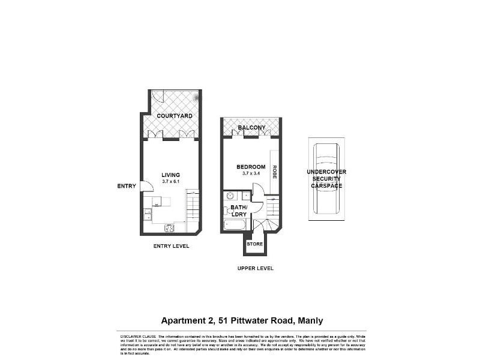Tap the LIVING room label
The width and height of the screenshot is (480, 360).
[170, 175]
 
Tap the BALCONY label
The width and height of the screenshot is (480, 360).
[251, 128]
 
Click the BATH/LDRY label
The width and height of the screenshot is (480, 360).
[238, 211]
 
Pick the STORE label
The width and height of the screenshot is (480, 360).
[254, 244]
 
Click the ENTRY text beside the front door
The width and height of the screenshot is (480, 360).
[127, 186]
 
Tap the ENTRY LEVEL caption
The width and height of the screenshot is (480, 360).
[171, 246]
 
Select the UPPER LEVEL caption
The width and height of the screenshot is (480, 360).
[255, 268]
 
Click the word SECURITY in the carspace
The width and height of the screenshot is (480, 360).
[326, 179]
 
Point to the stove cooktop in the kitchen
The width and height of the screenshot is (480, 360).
[170, 228]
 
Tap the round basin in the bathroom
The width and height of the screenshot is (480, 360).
[229, 196]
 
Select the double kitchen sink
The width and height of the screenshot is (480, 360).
[147, 212]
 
